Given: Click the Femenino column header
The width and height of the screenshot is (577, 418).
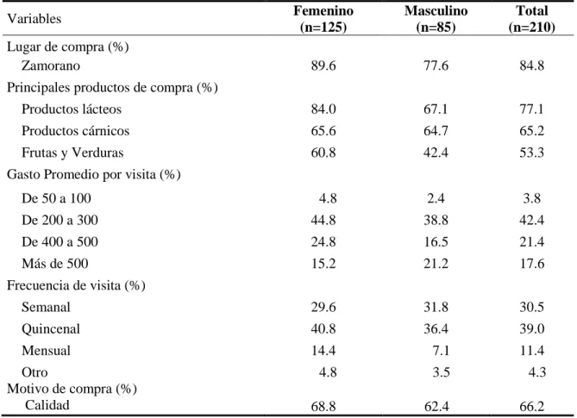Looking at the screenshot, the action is click(x=323, y=19).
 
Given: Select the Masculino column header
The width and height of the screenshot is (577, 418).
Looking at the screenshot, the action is click(x=436, y=19).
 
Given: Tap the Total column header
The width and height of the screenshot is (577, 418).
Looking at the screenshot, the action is click(x=532, y=19).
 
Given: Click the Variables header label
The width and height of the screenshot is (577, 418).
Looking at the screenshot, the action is click(x=34, y=18).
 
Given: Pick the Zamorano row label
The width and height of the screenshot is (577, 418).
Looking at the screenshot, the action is click(x=51, y=66).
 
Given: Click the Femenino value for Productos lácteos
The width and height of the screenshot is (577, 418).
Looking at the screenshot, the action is click(x=323, y=109).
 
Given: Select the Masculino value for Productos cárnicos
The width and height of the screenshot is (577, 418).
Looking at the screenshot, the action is click(x=436, y=131).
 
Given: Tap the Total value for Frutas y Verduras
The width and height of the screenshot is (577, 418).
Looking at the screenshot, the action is click(x=532, y=153).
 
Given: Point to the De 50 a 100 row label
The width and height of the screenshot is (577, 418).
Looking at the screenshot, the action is click(x=56, y=198).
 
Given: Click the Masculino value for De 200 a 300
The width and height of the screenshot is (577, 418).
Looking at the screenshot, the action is click(x=436, y=221).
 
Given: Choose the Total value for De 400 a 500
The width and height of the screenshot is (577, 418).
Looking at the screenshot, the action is click(x=532, y=242).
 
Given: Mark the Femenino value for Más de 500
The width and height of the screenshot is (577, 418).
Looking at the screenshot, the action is click(x=323, y=264).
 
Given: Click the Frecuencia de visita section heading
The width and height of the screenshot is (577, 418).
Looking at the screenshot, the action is click(x=76, y=285).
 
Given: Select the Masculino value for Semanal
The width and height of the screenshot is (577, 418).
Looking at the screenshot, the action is click(x=436, y=307).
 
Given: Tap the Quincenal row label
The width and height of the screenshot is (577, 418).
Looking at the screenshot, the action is click(x=51, y=329).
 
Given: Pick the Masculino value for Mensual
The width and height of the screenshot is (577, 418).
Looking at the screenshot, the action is click(x=441, y=351).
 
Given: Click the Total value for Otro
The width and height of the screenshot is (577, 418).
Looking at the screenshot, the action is click(x=537, y=372).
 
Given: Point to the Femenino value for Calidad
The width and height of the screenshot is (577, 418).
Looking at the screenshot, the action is click(x=323, y=406).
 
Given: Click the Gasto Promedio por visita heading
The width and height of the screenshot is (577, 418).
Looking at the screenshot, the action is click(x=94, y=175).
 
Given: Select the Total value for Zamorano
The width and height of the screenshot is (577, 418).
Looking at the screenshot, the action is click(x=532, y=66).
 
